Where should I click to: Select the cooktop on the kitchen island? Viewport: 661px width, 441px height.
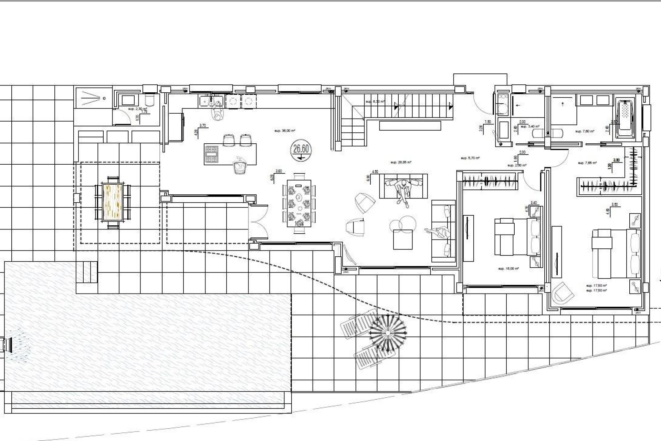[212, 154]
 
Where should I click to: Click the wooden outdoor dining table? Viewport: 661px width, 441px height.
[113, 202]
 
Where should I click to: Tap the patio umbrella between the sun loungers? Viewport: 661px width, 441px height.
[388, 333]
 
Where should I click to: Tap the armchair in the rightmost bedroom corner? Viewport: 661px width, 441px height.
[563, 293]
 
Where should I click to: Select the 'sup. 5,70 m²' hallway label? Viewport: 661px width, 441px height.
[470, 158]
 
